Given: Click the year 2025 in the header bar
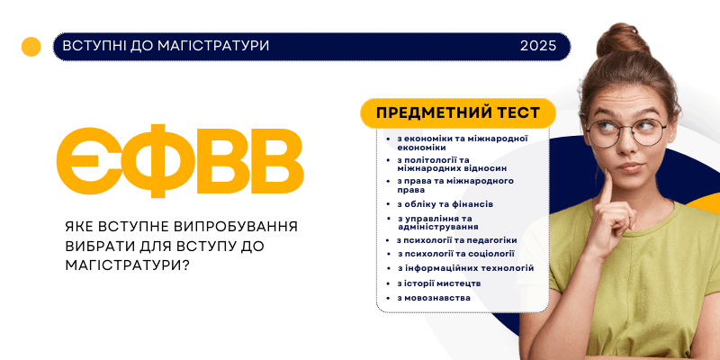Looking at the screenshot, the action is pyautogui.click(x=537, y=46).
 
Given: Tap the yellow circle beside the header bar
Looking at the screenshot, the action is pyautogui.click(x=31, y=47).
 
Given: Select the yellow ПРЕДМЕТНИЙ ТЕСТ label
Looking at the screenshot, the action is pyautogui.click(x=458, y=113).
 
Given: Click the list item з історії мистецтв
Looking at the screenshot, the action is pyautogui.click(x=439, y=283).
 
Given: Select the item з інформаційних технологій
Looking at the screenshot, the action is pyautogui.click(x=465, y=268).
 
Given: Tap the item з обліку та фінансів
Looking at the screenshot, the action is pyautogui.click(x=445, y=204).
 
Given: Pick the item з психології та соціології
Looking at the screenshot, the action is pyautogui.click(x=456, y=254).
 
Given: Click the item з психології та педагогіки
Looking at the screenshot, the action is pyautogui.click(x=457, y=240).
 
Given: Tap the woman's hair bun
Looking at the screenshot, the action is pyautogui.click(x=623, y=40).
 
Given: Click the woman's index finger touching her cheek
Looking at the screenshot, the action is pyautogui.click(x=607, y=187).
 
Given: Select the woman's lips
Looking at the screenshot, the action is pyautogui.click(x=631, y=167).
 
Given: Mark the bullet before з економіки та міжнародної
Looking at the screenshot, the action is pyautogui.click(x=388, y=139).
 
